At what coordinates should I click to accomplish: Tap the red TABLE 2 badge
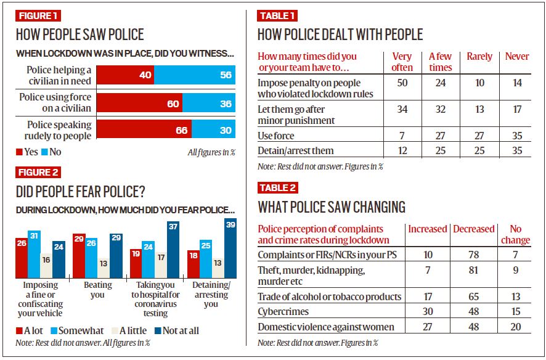[x=277, y=187]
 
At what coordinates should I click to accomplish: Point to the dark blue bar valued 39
[x=230, y=250]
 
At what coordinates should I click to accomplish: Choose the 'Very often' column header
[x=402, y=62]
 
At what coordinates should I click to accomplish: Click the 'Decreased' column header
[x=473, y=229]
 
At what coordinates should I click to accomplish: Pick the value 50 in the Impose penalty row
[x=402, y=83]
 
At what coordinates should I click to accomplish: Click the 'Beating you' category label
[x=97, y=290]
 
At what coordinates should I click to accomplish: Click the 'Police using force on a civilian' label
[x=55, y=102]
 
